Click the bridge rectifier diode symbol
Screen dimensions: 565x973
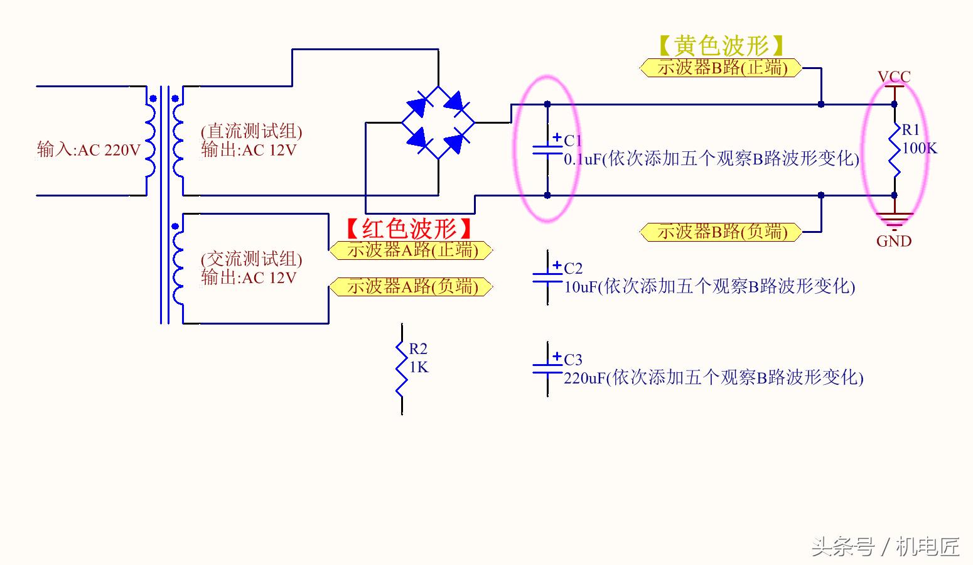point(438,122)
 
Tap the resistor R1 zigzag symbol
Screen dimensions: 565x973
point(895,149)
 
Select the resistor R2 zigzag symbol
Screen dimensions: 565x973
point(402,369)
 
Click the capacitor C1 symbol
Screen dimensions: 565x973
point(547,150)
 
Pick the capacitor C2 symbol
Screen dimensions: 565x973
point(547,277)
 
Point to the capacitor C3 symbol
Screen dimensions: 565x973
point(547,369)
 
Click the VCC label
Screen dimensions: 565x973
point(894,77)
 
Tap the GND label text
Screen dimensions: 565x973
point(894,241)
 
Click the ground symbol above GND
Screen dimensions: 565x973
point(895,220)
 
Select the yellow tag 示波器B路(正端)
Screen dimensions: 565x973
point(721,68)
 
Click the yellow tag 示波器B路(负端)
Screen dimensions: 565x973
point(721,232)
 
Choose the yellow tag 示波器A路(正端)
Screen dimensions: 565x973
point(412,250)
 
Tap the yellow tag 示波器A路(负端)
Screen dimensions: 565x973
point(412,287)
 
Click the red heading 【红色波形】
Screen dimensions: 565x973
point(409,228)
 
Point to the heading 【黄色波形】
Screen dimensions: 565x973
point(721,45)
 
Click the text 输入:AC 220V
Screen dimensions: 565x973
point(89,149)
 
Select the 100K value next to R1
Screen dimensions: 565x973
point(920,148)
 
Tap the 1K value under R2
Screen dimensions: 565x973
point(419,367)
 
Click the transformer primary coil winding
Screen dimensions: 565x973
point(150,141)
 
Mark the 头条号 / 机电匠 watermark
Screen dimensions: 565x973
point(885,546)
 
